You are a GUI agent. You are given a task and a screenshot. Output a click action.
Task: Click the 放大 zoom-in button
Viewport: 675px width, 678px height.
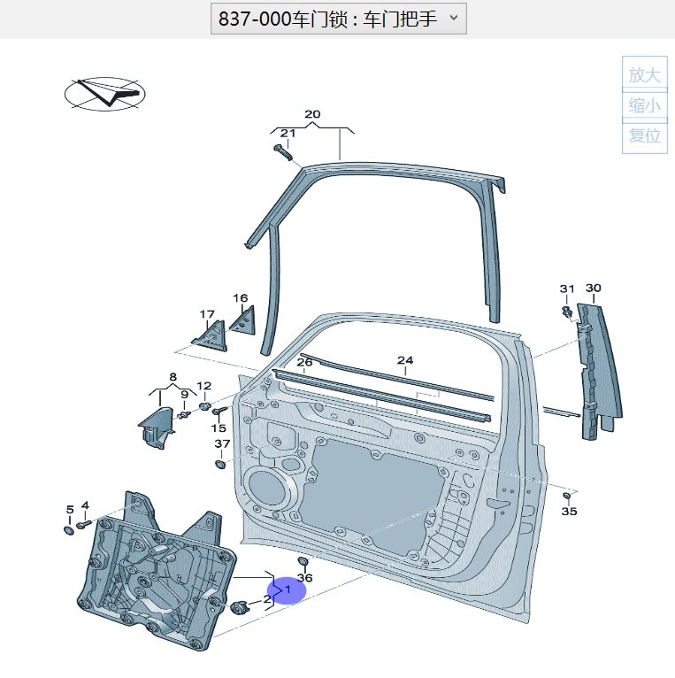[x=644, y=75]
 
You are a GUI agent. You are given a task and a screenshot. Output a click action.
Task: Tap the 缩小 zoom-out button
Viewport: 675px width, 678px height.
[x=644, y=106]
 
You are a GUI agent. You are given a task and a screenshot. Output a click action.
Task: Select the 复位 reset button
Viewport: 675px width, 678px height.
[x=644, y=136]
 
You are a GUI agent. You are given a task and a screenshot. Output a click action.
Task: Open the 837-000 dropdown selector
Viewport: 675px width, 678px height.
[x=338, y=18]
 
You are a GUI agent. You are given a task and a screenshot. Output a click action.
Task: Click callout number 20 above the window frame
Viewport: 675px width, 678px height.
[x=312, y=114]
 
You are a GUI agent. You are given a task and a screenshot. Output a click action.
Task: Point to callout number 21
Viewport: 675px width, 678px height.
[x=288, y=134]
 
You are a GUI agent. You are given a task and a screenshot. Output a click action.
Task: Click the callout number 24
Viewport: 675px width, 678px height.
[x=405, y=360]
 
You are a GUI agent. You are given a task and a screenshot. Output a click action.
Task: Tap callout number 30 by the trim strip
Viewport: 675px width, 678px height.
[x=593, y=288]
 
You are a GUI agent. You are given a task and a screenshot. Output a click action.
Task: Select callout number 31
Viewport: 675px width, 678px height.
[x=567, y=289]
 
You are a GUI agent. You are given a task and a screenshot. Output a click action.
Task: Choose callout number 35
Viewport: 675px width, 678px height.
[x=570, y=512]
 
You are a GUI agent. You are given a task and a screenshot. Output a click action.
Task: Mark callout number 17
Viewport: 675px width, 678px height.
[x=207, y=313]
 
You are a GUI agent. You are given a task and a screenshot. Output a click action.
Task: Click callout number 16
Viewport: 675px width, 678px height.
[x=241, y=298]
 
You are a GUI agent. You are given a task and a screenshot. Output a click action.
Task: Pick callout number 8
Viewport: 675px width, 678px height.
[x=173, y=377]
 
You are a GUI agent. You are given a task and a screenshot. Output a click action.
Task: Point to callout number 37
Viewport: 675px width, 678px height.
[x=222, y=443]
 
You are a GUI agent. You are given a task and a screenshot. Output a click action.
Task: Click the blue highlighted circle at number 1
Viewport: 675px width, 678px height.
[x=287, y=589]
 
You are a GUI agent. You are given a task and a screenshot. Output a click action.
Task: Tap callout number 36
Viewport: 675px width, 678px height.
[x=305, y=577]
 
